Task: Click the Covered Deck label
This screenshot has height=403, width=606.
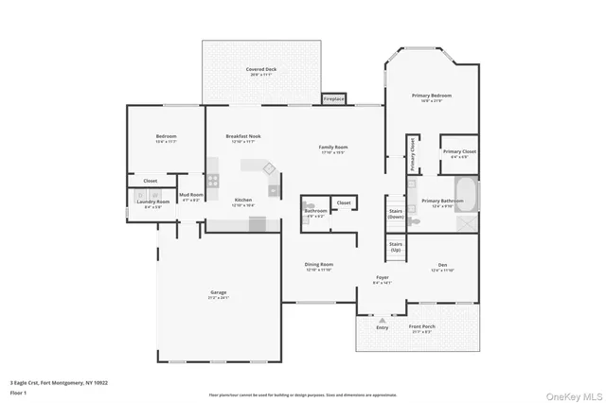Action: click(261, 70)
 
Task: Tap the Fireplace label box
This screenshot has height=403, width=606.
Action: click(334, 98)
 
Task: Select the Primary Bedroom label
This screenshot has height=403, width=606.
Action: click(431, 96)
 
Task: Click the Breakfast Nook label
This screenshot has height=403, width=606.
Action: click(244, 137)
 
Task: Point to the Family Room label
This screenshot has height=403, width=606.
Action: click(332, 148)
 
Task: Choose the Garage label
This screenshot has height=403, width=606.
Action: click(219, 293)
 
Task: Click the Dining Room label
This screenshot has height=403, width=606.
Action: click(319, 265)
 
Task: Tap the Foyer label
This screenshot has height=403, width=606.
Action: click(381, 278)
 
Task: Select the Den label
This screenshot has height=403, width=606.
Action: click(442, 265)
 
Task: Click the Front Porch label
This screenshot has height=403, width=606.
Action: click(420, 328)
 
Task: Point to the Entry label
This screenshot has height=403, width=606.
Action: click(383, 328)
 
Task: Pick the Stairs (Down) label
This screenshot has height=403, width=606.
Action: click(396, 215)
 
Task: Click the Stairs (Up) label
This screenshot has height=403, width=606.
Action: click(396, 249)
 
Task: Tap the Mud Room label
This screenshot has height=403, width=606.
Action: click(190, 196)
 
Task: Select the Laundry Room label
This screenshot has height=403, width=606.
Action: click(152, 201)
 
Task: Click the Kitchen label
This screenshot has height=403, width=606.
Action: click(243, 201)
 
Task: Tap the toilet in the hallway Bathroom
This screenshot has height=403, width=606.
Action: click(307, 203)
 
